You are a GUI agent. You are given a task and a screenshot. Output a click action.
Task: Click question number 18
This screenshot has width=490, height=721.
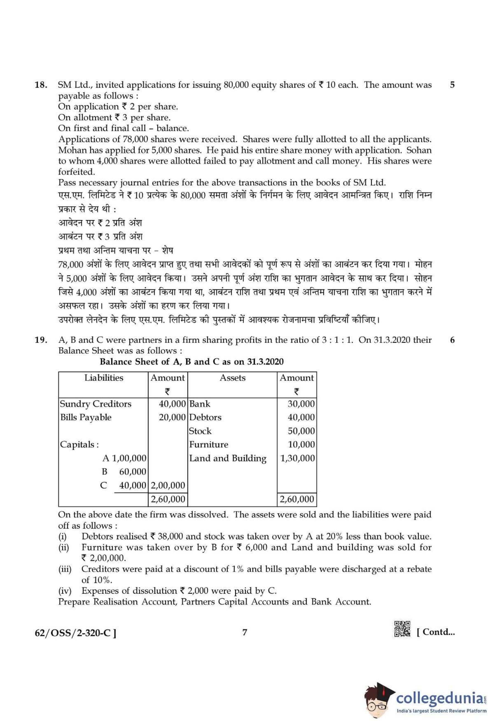(x=41, y=85)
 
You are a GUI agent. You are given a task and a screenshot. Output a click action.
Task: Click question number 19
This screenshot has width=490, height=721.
(x=41, y=340)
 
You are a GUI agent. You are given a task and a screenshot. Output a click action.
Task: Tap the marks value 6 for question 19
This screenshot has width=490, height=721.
(x=452, y=340)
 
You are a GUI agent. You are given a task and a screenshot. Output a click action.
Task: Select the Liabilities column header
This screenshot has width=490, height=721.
(x=103, y=378)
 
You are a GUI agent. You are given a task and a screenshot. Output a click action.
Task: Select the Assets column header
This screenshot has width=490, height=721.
(x=232, y=378)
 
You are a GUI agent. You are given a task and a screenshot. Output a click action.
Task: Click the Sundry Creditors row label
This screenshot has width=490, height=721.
(x=96, y=404)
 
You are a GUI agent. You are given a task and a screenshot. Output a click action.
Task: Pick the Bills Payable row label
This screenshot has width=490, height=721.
(x=86, y=417)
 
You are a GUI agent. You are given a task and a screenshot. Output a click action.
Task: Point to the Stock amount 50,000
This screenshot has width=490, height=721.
(x=301, y=431)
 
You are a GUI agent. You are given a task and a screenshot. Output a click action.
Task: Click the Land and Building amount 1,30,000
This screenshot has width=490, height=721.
(x=297, y=458)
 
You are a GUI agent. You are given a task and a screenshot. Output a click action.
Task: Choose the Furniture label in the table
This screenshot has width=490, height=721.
(x=209, y=445)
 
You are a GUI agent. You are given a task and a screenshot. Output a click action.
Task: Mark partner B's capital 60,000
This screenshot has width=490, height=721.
(x=132, y=472)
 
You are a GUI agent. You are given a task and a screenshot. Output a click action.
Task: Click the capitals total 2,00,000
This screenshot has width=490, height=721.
(x=168, y=485)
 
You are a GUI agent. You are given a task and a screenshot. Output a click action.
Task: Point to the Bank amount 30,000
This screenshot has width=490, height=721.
(x=301, y=404)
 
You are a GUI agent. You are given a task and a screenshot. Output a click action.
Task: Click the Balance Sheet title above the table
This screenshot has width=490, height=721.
(x=191, y=362)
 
